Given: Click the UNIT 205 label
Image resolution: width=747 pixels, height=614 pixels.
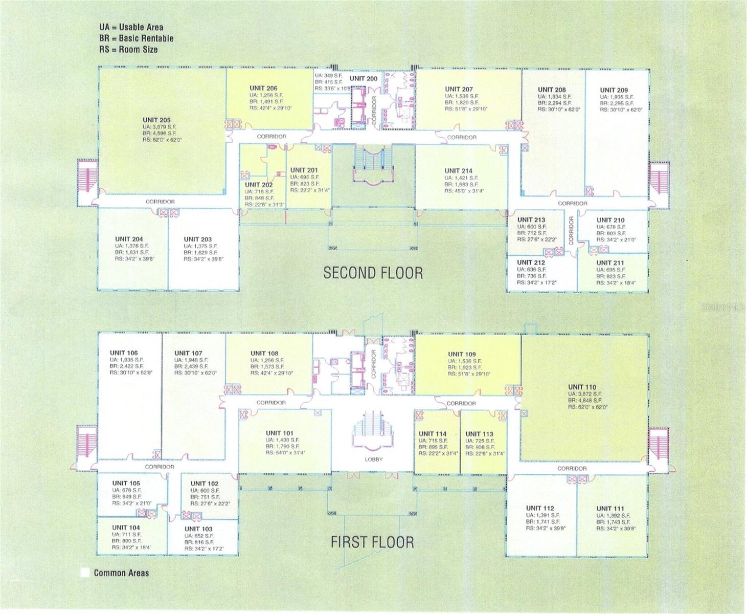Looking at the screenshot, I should click(156, 120).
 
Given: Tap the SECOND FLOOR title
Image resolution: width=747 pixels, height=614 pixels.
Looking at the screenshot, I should click(373, 273).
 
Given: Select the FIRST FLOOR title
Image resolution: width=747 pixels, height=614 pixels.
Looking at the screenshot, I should click(372, 542).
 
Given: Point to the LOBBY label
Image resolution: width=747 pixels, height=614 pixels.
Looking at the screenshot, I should click(373, 459).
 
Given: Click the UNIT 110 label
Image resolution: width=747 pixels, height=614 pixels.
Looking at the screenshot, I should click(582, 387).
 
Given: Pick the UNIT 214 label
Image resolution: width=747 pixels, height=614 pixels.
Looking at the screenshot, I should click(458, 171).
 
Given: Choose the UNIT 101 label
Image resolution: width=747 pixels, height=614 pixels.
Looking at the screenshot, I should click(280, 433).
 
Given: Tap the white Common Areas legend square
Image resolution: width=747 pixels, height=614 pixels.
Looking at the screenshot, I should click(85, 573).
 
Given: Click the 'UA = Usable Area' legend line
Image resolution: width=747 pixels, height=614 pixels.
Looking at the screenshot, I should click(131, 27).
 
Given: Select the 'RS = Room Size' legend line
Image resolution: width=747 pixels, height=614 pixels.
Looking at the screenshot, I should click(128, 50).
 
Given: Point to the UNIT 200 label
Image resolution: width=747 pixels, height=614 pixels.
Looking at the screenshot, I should click(364, 78).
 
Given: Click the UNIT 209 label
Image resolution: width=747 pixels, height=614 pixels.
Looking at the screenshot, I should click(614, 90).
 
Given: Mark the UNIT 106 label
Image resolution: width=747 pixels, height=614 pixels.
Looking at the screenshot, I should click(124, 353).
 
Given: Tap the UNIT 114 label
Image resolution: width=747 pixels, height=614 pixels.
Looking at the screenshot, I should click(433, 434).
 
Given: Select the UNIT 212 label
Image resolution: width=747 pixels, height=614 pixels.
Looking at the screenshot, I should click(531, 262).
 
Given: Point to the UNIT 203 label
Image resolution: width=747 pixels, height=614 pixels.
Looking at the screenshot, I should click(197, 239).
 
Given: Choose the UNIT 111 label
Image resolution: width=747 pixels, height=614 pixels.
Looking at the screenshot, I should click(610, 509).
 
